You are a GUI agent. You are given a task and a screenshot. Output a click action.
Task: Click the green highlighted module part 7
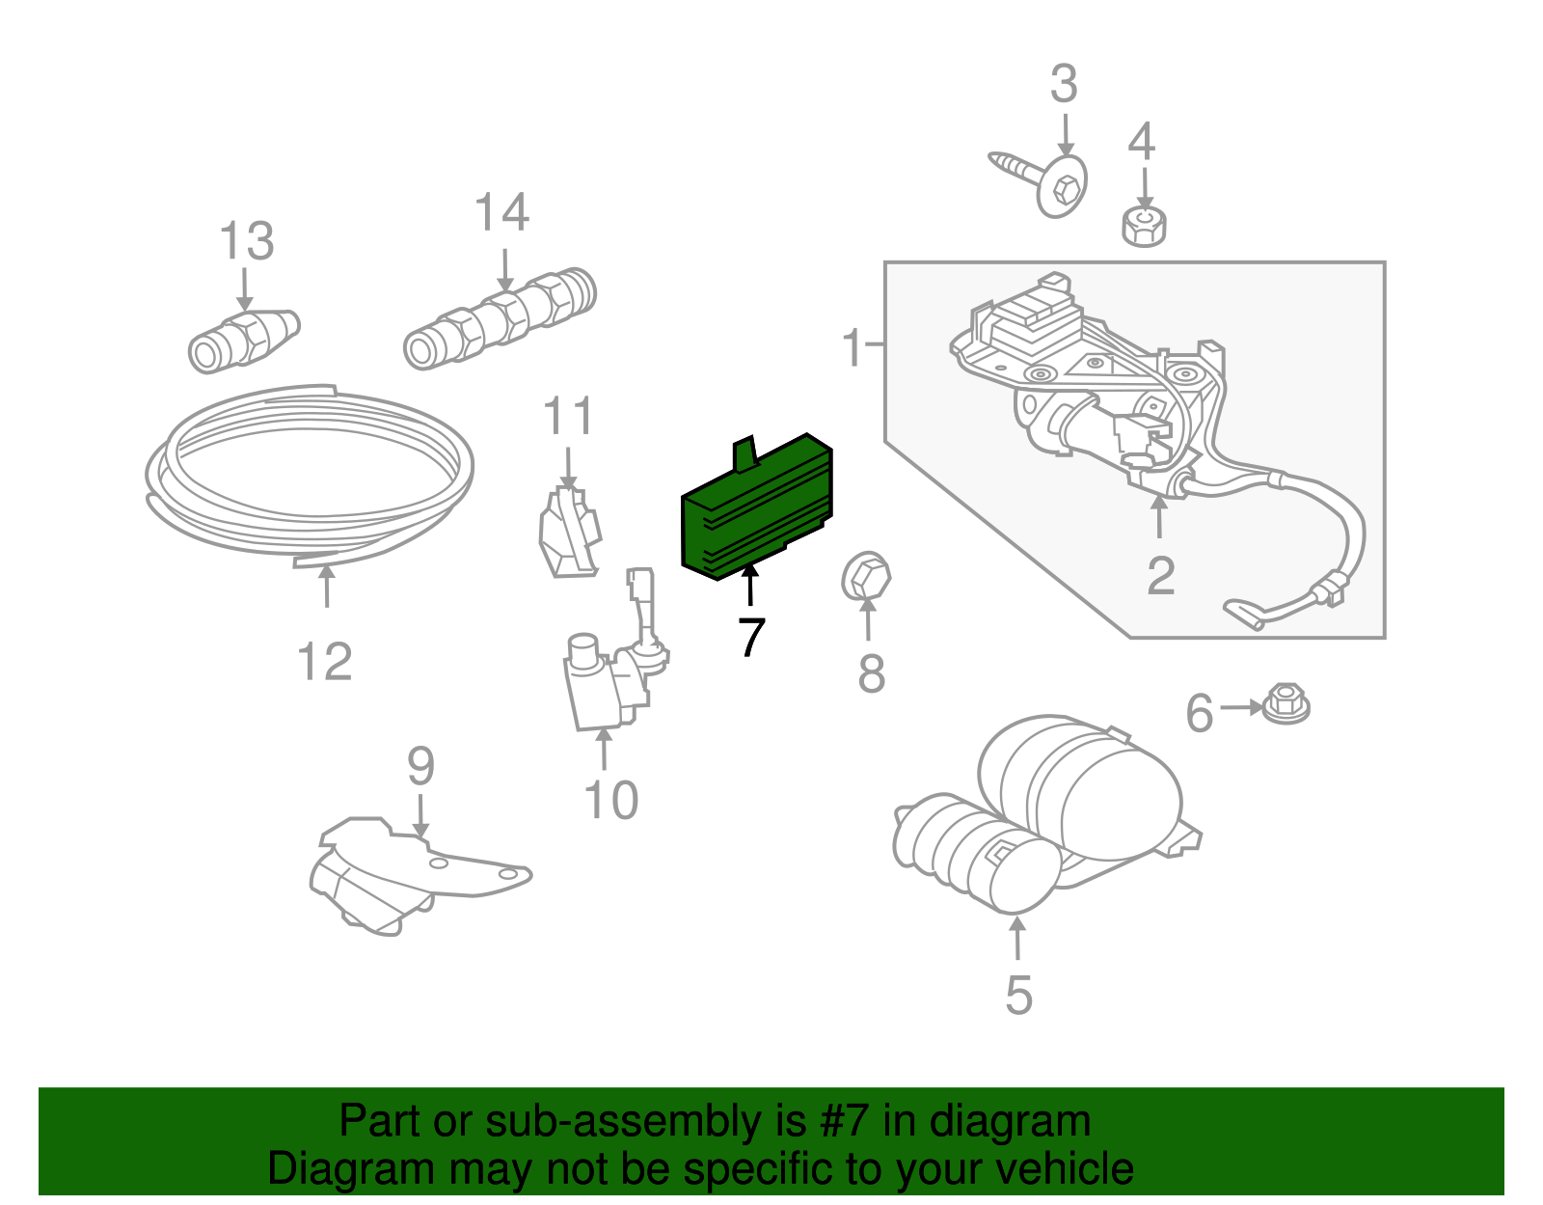click(757, 511)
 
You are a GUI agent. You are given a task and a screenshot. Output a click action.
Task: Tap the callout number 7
click(751, 637)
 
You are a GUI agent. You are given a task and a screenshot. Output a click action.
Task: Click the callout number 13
click(246, 241)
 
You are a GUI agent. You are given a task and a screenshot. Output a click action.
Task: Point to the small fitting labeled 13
click(244, 340)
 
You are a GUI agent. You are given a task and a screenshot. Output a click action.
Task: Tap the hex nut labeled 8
click(865, 576)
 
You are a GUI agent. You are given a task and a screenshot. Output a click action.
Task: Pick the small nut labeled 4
click(1144, 226)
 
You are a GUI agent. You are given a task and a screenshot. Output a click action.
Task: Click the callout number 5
click(1018, 995)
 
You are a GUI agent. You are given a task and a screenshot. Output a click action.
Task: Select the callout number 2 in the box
click(1160, 576)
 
